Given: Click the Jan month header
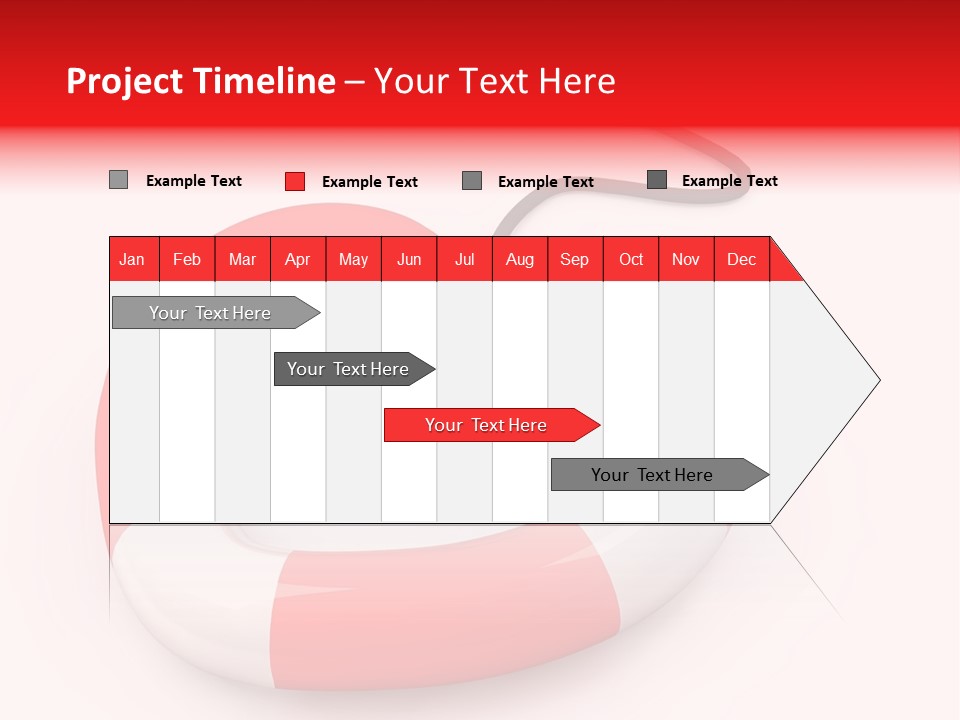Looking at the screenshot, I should [133, 259].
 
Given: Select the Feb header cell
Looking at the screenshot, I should [187, 259].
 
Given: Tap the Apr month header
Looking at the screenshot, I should [298, 259].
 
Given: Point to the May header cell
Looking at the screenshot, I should [353, 259].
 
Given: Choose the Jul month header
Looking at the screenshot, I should [464, 259].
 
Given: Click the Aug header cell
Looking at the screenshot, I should [520, 259].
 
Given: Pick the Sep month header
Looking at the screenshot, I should [575, 259].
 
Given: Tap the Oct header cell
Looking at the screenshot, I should [631, 259].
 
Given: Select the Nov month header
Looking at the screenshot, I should [686, 259].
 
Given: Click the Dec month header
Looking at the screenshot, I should [742, 259].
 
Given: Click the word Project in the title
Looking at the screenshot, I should [123, 81].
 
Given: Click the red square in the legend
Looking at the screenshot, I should [295, 181].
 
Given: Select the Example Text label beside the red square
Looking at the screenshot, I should [370, 182].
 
